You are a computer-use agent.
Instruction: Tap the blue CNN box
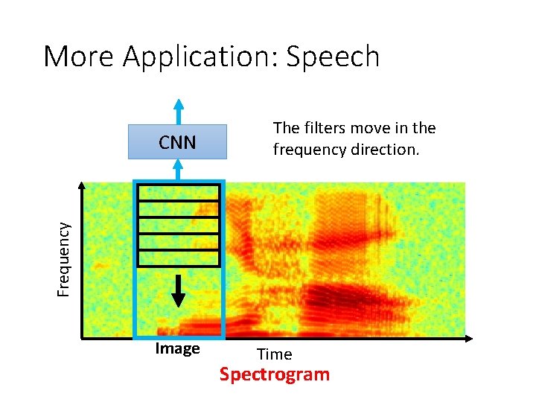tap(177, 142)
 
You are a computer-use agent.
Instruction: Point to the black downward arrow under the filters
tap(178, 290)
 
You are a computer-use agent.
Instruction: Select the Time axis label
tap(274, 354)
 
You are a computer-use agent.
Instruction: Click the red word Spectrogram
tap(274, 374)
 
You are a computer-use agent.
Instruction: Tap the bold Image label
tap(177, 348)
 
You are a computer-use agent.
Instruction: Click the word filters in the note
tap(322, 127)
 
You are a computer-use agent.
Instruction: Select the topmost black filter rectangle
tap(178, 193)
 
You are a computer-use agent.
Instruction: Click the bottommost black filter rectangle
tap(178, 258)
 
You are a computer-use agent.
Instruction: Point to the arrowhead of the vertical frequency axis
tap(81, 185)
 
